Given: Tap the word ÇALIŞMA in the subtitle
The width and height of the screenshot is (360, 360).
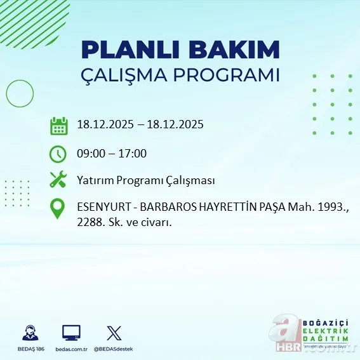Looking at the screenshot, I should tap(130, 75).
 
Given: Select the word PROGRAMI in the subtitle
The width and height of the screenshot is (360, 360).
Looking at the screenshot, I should tap(232, 75).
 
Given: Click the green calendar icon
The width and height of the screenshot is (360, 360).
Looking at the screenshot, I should tap(58, 125).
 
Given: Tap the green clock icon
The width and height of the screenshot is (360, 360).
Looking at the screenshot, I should tap(58, 153).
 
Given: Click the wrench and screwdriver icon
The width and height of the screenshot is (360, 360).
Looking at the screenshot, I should tap(58, 180).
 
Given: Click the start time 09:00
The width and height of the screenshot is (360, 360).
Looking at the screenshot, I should tap(91, 153).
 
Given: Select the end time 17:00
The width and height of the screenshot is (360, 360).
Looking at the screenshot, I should tap(133, 153).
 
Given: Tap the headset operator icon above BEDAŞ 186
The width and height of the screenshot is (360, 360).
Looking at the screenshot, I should tap(29, 333).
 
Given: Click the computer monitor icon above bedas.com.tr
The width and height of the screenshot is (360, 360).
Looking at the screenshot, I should tap(71, 332).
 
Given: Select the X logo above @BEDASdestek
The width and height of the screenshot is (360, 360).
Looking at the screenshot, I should tap(114, 332).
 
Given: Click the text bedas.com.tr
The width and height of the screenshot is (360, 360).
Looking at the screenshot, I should tap(71, 349).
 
